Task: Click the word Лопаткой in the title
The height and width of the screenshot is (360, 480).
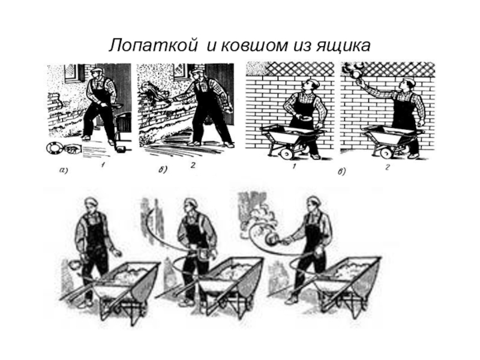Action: [152, 46]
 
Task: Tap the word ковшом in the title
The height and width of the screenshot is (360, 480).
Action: [254, 46]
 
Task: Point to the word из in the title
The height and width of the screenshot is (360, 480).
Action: [301, 46]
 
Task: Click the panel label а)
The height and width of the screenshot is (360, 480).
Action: [63, 171]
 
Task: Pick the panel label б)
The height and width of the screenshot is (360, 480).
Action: [163, 169]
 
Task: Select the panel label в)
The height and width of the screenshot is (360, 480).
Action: [341, 172]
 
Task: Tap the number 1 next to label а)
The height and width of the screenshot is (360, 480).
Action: [103, 166]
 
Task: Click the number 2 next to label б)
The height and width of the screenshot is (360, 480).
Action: [193, 166]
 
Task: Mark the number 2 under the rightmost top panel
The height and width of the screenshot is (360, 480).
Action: [387, 167]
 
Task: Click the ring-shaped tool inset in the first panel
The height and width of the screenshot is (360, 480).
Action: [55, 148]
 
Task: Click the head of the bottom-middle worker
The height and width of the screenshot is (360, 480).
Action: [191, 205]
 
